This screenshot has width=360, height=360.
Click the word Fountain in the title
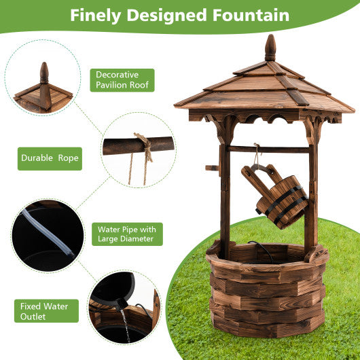(246, 16)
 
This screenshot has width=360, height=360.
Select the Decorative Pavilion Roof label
(122, 80)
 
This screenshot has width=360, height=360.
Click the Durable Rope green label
(50, 158)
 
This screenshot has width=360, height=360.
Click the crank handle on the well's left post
(212, 167)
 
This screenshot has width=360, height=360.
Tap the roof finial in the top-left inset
(44, 73)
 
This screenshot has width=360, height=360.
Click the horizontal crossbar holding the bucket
(268, 149)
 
